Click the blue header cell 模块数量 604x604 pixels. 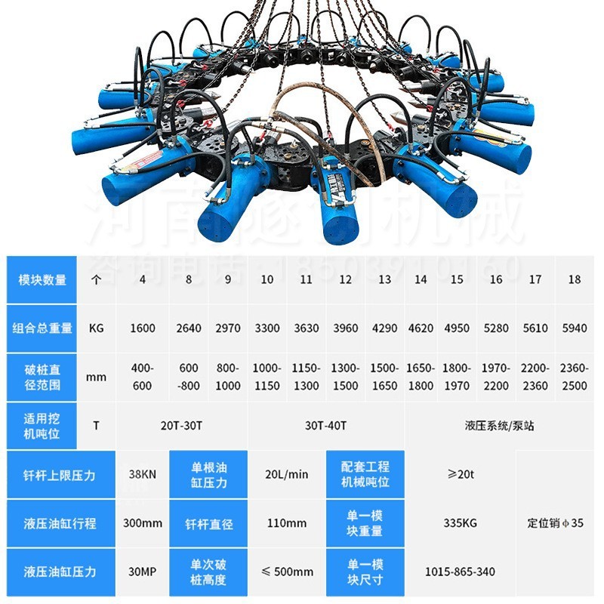42,279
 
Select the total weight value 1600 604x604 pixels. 142,328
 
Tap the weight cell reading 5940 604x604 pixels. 575,328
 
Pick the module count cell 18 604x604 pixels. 575,279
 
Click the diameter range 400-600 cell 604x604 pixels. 142,377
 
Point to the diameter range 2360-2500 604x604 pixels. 575,377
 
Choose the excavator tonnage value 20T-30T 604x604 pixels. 181,425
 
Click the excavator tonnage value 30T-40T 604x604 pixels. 326,425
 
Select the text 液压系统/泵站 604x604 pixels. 499,425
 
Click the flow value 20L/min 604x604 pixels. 287,475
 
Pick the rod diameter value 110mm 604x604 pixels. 287,523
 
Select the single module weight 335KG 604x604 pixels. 461,523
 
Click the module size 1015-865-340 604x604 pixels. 461,572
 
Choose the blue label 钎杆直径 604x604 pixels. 208,523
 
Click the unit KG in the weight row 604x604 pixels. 96,328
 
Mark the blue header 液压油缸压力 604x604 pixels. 60,572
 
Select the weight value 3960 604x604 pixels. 346,328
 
